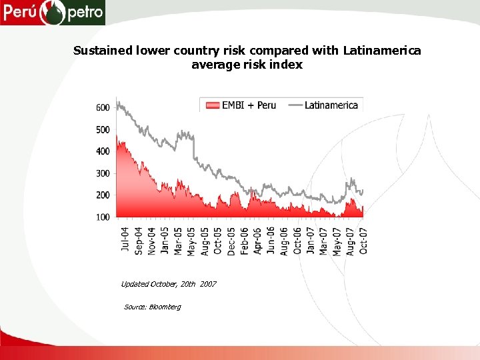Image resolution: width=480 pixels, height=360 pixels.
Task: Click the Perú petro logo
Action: [53, 12]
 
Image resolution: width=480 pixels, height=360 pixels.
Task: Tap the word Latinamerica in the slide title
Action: [382, 51]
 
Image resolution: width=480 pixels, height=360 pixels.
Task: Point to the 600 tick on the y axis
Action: [103, 108]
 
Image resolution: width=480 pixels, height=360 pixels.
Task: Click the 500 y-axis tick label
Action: [103, 130]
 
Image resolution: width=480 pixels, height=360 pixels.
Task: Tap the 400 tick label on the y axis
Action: [103, 152]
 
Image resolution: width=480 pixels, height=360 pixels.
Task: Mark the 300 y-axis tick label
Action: [103, 174]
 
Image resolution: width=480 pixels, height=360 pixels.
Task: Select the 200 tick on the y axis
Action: [103, 196]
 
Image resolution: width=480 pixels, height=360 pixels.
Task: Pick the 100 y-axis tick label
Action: [103, 217]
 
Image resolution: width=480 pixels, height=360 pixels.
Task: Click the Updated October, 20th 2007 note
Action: [169, 284]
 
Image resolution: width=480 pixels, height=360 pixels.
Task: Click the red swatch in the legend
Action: [212, 105]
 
